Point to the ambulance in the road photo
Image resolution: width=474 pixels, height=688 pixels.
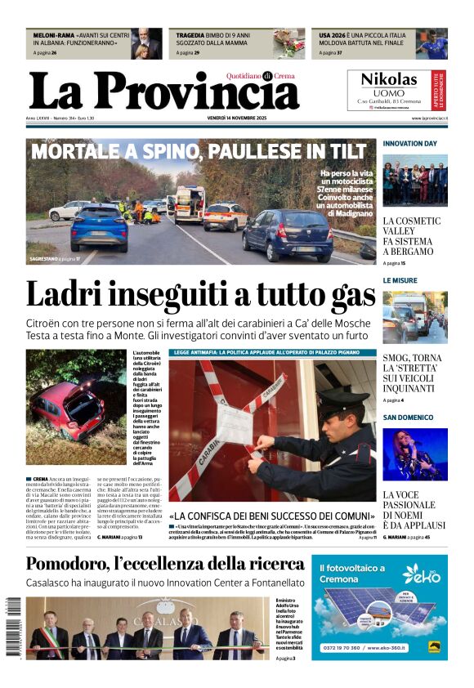(189, 204)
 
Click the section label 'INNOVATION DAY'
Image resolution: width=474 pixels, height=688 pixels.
(409, 144)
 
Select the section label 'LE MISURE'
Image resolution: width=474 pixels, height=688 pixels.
(400, 280)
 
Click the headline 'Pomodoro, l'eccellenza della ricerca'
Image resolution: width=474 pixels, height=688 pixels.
(165, 564)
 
